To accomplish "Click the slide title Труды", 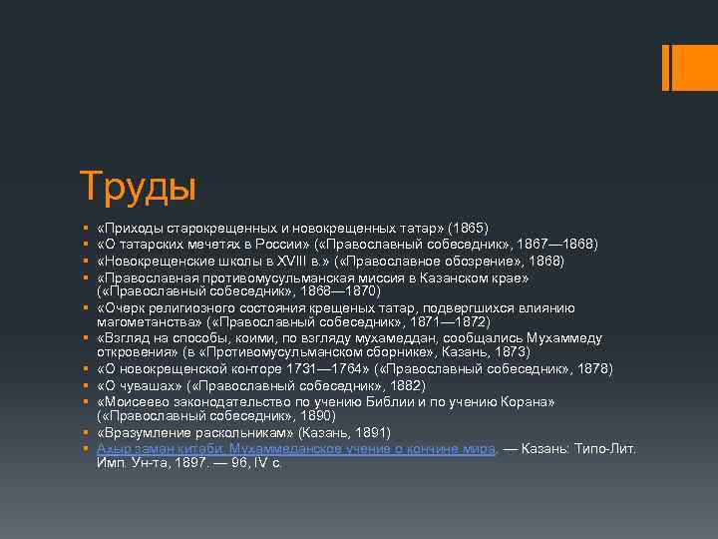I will click(x=138, y=186).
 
